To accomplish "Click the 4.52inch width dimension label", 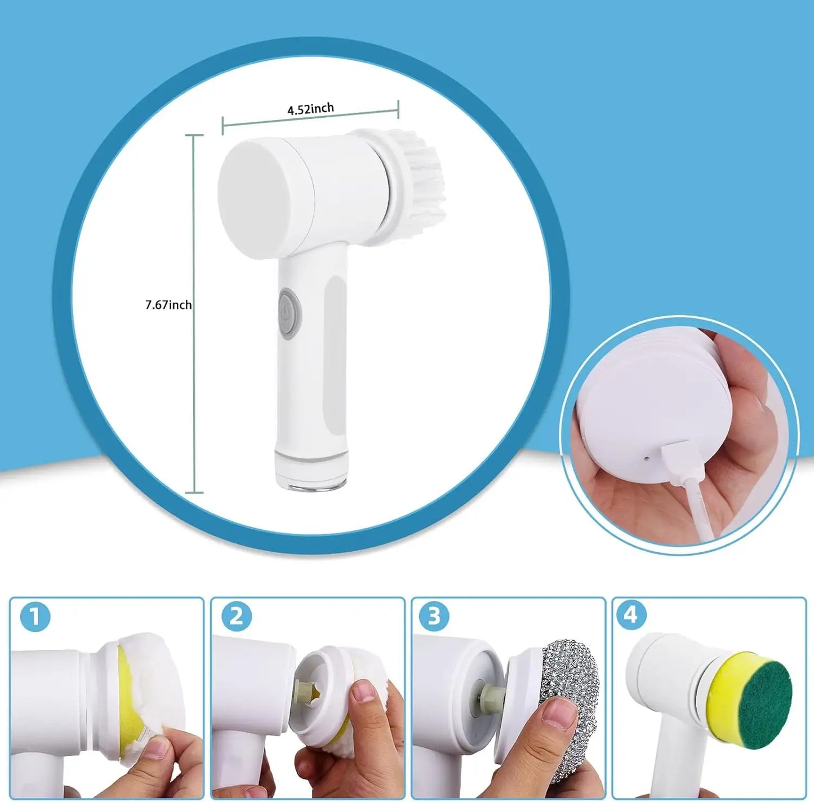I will (310, 109).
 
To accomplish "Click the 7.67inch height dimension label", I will (168, 305).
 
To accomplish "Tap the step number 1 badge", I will (35, 617).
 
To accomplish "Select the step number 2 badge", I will (236, 617).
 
